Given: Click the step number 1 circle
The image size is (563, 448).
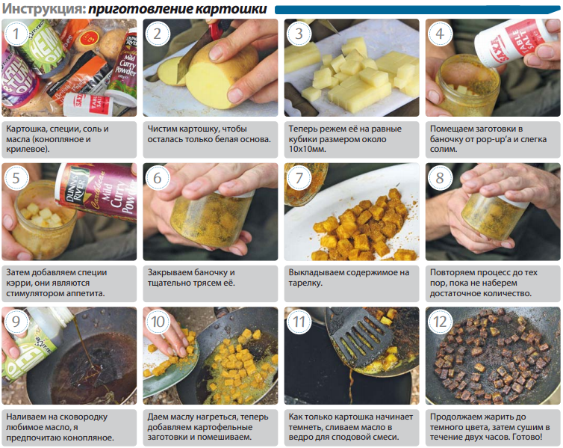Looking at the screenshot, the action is [x=16, y=34].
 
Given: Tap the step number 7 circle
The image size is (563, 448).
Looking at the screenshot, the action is [x=299, y=177].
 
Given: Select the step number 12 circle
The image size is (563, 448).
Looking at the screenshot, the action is [x=440, y=322].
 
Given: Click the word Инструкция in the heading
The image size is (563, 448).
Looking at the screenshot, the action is [x=44, y=9].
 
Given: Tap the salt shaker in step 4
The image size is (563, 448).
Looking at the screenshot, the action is [x=514, y=43].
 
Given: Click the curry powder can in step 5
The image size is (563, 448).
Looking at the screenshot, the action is [x=97, y=191].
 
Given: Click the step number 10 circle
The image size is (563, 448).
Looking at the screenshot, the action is [x=158, y=322].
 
